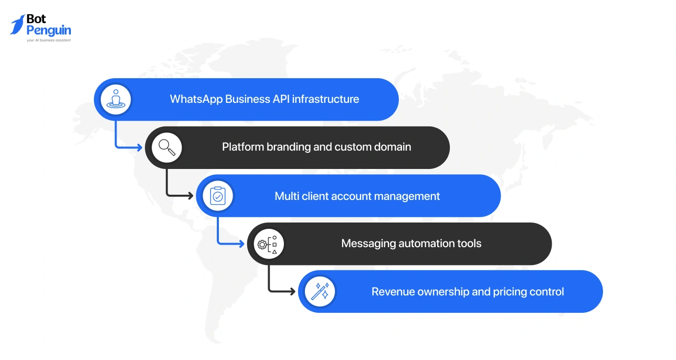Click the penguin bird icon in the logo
[x=17, y=25]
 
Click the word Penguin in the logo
[x=49, y=30]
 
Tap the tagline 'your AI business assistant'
[x=49, y=40]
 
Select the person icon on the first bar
[x=115, y=99]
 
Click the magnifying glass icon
[x=167, y=147]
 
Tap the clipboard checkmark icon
[x=217, y=196]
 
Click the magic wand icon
[x=320, y=292]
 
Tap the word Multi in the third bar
[x=287, y=196]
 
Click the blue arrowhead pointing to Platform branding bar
[x=139, y=147]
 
